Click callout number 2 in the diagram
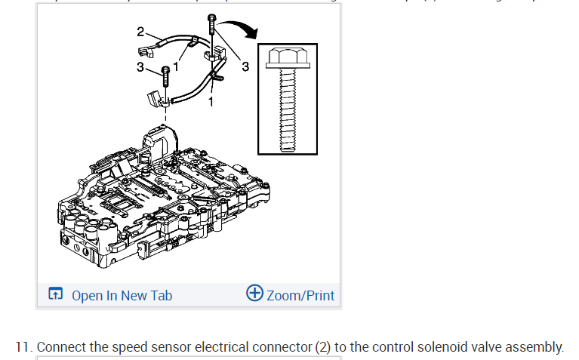[140, 32]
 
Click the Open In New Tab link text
[122, 295]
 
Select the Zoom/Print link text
[300, 295]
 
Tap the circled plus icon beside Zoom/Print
[254, 294]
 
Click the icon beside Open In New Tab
[55, 294]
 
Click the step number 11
[23, 347]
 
